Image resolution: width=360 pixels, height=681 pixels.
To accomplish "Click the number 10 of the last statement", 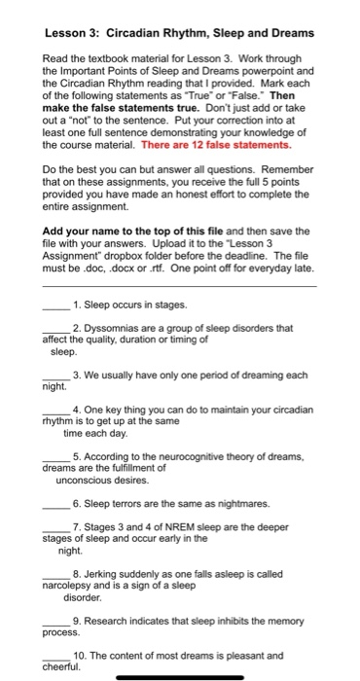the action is (x=81, y=655).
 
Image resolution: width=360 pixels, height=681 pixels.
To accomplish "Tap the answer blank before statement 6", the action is (x=56, y=505).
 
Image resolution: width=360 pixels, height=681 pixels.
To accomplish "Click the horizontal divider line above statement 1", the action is (x=179, y=286).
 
